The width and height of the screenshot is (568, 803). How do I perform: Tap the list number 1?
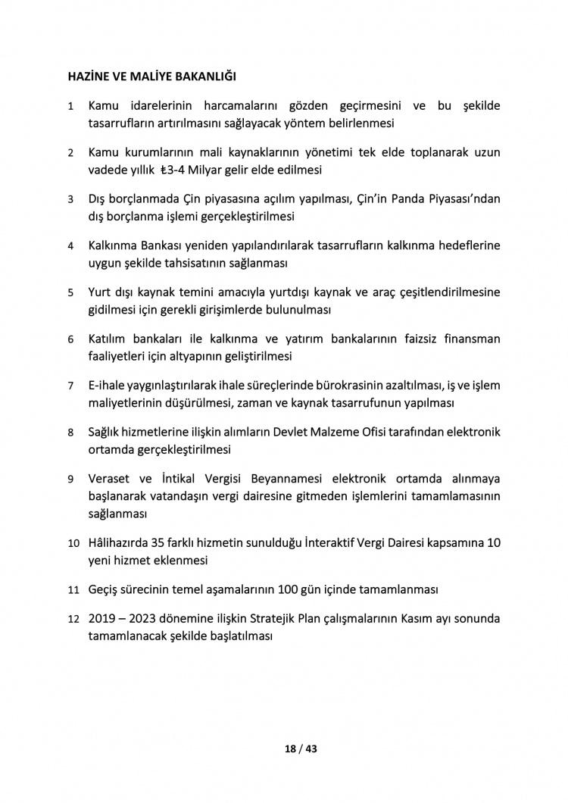point(70,105)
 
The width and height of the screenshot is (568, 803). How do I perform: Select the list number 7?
point(70,386)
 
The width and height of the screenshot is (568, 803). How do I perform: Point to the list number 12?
point(73,619)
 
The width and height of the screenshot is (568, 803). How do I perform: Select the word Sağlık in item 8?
point(108,433)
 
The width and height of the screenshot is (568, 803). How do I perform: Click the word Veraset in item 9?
point(112,479)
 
